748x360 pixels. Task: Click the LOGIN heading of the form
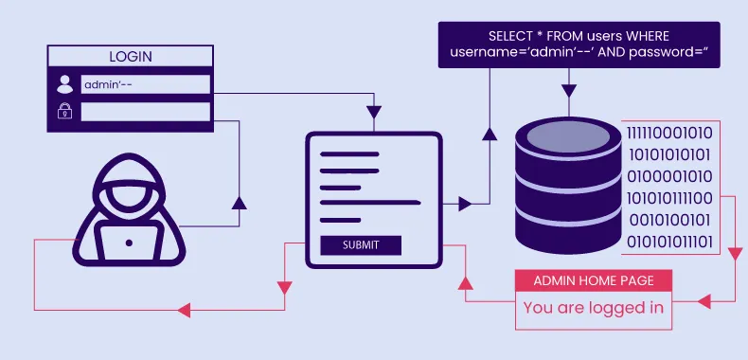130,56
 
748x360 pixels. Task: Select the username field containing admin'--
145,84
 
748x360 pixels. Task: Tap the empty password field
145,112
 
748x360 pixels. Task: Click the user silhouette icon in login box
64,84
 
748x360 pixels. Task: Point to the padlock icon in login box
64,112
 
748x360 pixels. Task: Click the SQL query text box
579,45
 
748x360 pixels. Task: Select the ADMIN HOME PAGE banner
593,280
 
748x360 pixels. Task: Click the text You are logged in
593,307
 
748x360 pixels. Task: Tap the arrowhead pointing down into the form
374,114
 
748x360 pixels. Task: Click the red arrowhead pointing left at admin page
703,301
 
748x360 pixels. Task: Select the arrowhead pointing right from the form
464,204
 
